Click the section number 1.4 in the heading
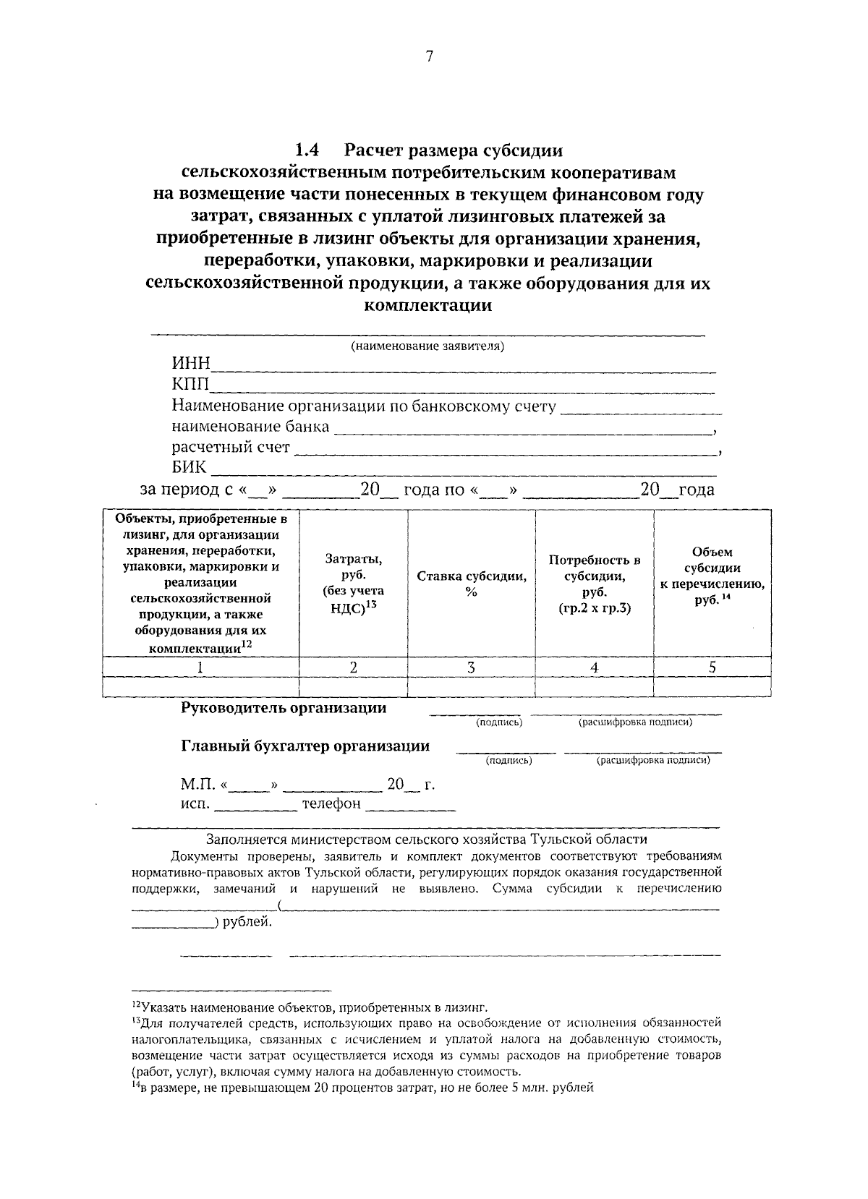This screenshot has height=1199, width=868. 307,150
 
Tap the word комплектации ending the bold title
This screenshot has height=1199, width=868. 428,305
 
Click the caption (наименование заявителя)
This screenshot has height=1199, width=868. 427,346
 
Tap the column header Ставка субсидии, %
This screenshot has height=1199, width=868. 471,584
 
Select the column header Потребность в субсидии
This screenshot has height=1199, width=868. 594,584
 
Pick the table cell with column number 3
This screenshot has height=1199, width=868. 471,667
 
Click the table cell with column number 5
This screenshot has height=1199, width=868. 712,667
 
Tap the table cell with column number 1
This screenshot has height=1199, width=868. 200,667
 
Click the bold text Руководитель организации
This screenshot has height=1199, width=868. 284,708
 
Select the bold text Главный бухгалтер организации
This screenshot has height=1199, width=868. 305,746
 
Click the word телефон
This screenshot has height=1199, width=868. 331,804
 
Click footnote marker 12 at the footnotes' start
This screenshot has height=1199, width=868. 136,1004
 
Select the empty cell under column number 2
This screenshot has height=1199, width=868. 353,686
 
